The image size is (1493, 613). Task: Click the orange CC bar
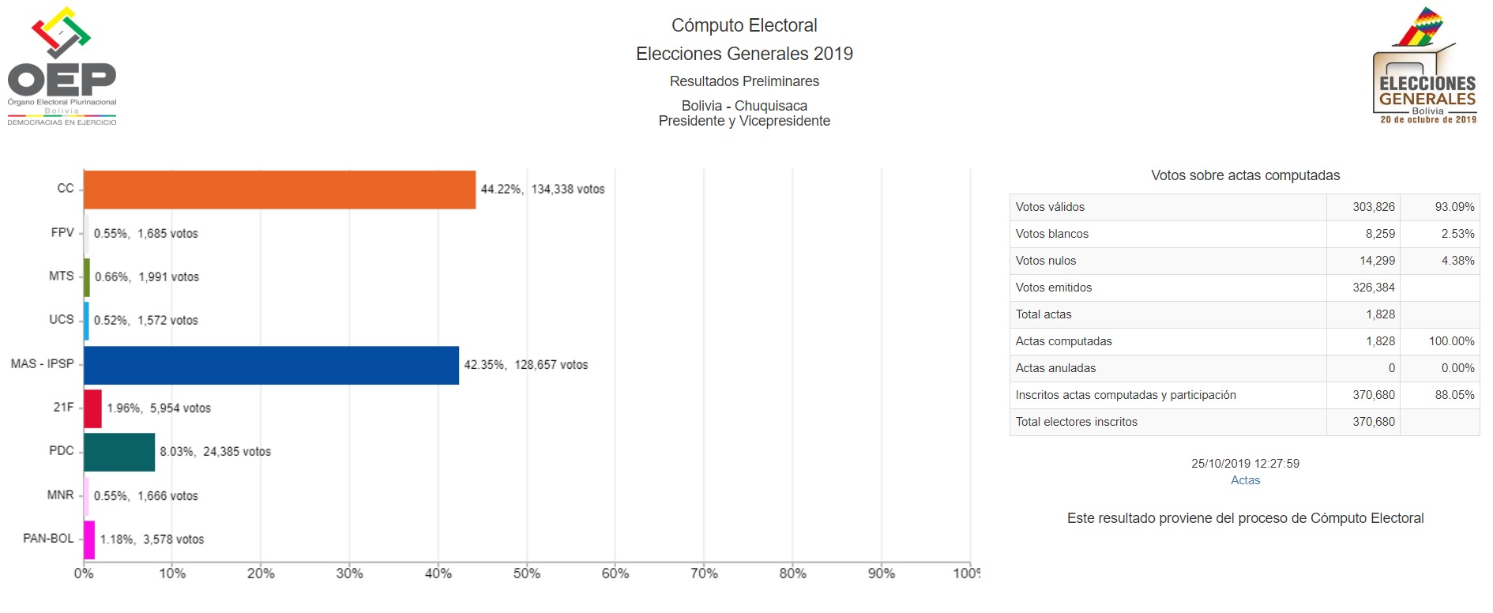coord(280,190)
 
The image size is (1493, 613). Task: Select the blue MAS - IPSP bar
coord(271,365)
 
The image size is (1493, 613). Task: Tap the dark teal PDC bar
coord(119,452)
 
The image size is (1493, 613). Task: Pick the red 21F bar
coord(92,408)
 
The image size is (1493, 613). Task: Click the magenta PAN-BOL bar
coord(89,540)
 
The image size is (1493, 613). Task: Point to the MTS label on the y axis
coord(61,276)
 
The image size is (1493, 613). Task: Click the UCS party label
coord(61,319)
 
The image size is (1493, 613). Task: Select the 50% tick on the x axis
coord(527,574)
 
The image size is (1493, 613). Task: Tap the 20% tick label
coord(261,574)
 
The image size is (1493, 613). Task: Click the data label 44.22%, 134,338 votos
coord(543,190)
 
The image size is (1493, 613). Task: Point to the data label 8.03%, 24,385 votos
coord(215,452)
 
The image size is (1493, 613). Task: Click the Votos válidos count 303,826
coord(1373,207)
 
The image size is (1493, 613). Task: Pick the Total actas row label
coord(1044,314)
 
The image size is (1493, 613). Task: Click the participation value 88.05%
coord(1454,395)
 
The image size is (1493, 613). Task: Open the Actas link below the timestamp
coord(1245,480)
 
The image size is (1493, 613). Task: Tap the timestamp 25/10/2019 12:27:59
coord(1245,464)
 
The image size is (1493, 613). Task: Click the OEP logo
coord(62,67)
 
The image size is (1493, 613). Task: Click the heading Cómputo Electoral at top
coord(744,25)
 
